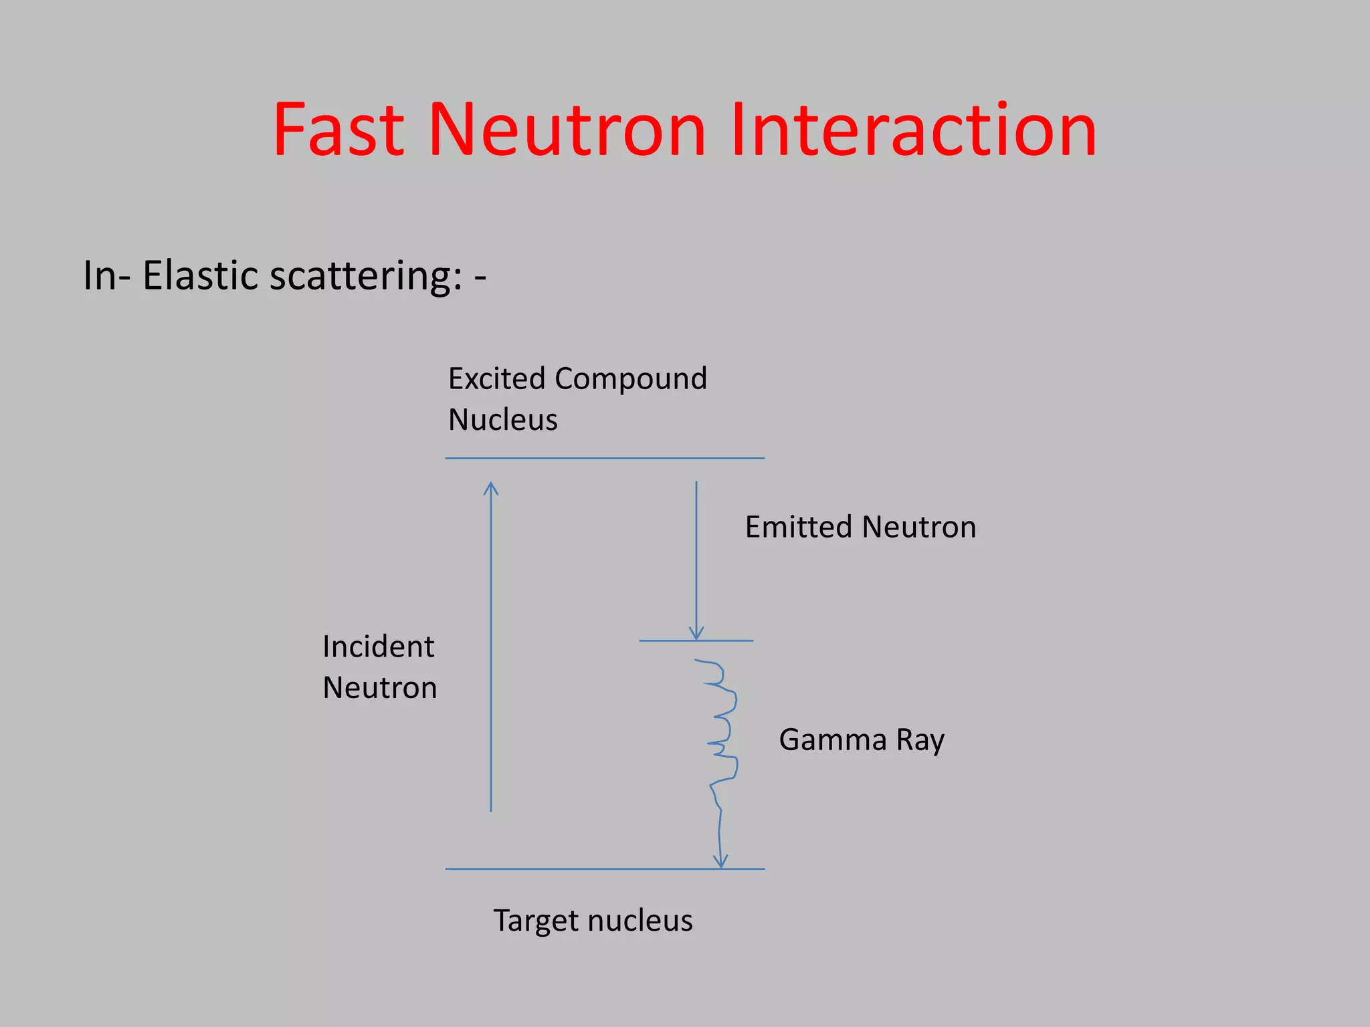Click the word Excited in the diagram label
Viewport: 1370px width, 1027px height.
496,379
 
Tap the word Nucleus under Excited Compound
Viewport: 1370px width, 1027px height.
502,420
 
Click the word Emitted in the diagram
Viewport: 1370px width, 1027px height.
798,527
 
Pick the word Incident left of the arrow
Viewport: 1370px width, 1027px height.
378,647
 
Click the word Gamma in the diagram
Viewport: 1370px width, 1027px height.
832,740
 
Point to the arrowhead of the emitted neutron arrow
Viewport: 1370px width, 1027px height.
696,634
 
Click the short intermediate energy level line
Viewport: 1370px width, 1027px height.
669,641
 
